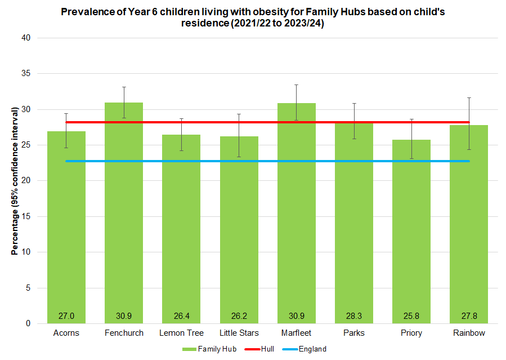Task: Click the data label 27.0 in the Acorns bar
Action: point(66,315)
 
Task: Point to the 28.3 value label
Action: point(354,315)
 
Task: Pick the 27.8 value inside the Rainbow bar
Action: point(469,315)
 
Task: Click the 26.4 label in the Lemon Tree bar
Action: point(181,315)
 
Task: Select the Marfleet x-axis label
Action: point(297,333)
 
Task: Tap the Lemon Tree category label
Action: point(181,333)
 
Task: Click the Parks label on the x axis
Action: point(354,333)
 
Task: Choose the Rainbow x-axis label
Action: point(469,333)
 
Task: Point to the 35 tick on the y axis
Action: point(26,74)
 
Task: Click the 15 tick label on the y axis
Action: point(26,216)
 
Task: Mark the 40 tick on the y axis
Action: point(26,38)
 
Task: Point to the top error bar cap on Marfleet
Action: point(297,85)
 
